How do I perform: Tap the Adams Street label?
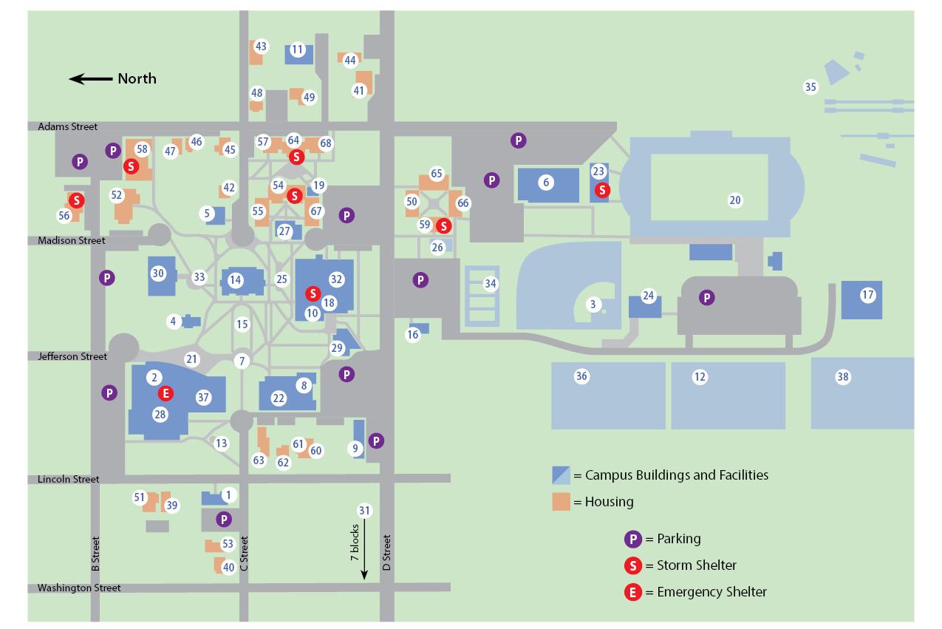67,127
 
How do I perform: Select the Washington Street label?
79,588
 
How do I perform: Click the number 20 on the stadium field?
734,200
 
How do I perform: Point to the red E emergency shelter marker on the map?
166,392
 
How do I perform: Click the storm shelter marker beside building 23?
602,190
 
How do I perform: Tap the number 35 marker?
810,87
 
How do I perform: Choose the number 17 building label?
867,296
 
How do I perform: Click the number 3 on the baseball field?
593,305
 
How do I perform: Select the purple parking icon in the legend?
632,539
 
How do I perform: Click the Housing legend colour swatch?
561,501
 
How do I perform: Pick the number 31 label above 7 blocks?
364,511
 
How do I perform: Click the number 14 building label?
235,280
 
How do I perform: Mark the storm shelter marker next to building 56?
76,200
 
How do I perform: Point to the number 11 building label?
297,50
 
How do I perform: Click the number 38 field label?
842,377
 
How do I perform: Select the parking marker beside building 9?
376,441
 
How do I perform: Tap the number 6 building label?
546,183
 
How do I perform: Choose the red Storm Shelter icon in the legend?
632,565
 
